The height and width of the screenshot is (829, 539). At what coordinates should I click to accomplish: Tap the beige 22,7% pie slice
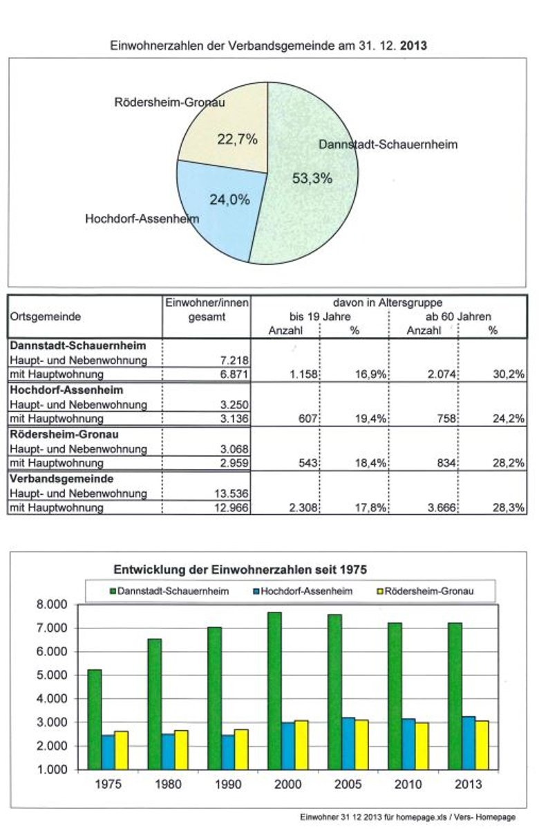pyautogui.click(x=225, y=131)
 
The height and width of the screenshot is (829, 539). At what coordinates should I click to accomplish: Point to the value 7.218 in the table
pyautogui.click(x=231, y=360)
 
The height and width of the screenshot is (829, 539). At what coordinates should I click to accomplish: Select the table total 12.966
pyautogui.click(x=231, y=508)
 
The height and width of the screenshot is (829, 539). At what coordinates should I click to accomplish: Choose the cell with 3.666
pyautogui.click(x=439, y=508)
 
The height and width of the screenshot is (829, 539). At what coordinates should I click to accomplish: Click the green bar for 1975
pyautogui.click(x=95, y=720)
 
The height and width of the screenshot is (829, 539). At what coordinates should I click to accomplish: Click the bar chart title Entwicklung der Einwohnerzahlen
pyautogui.click(x=239, y=570)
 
